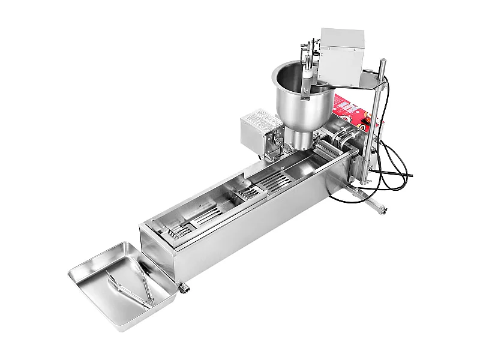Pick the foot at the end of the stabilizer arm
[382, 210]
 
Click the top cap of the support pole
[382, 61]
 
